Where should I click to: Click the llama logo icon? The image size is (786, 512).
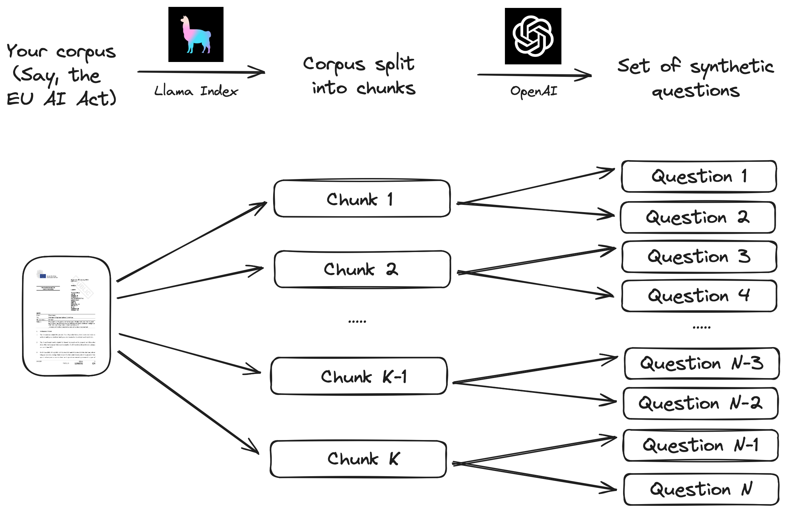click(x=196, y=34)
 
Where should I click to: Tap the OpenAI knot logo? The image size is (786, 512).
click(x=533, y=36)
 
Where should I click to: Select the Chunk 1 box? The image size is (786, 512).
click(x=362, y=199)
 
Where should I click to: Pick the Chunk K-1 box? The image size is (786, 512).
click(x=359, y=376)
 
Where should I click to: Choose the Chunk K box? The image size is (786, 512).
click(x=359, y=459)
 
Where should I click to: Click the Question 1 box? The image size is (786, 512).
click(x=699, y=176)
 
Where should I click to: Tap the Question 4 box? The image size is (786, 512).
click(x=699, y=296)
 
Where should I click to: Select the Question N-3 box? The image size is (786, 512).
click(x=702, y=364)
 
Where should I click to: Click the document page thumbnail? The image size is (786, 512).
click(x=66, y=316)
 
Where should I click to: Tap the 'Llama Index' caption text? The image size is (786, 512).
click(x=196, y=91)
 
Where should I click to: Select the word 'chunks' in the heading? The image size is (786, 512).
click(x=386, y=88)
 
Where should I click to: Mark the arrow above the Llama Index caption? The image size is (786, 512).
click(x=201, y=72)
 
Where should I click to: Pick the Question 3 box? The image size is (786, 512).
click(x=699, y=257)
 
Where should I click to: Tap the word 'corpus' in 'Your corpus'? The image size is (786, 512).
click(x=86, y=53)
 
